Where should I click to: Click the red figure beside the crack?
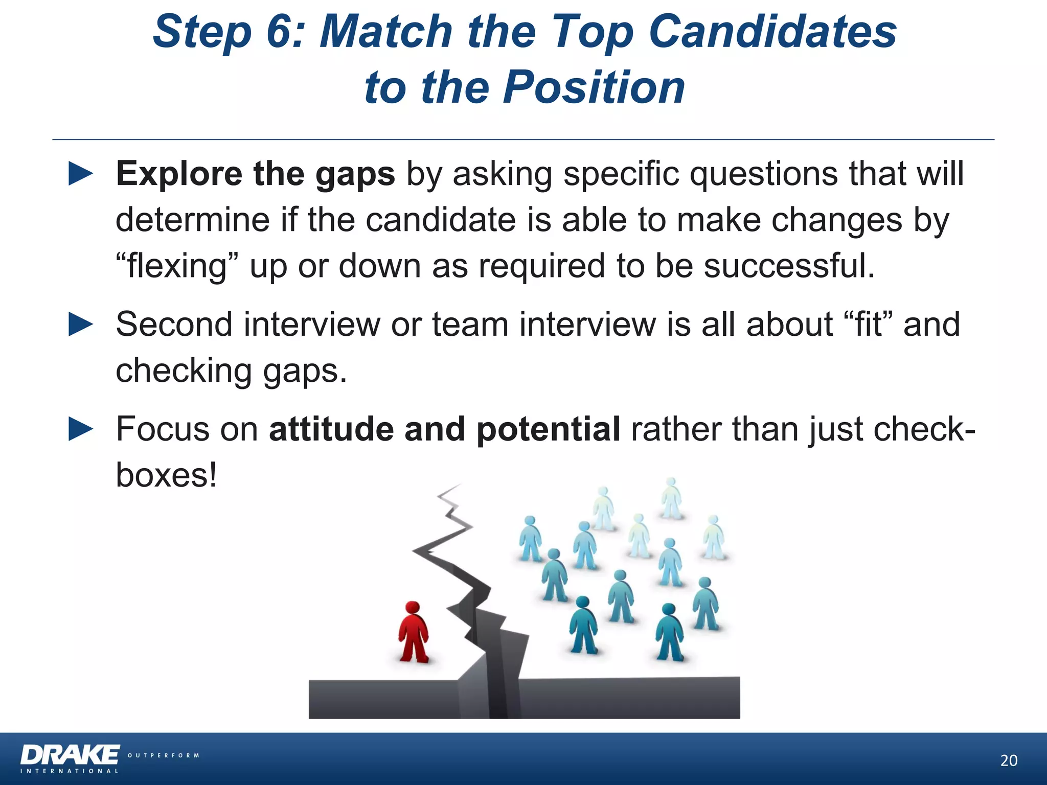click(413, 634)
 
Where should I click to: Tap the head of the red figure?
click(413, 608)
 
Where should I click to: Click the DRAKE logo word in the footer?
click(71, 755)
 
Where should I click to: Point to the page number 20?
click(1009, 760)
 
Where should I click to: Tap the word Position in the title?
click(594, 87)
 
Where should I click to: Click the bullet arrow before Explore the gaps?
click(81, 174)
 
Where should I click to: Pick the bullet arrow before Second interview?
click(81, 325)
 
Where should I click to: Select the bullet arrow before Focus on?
click(81, 429)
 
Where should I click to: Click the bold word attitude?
click(331, 429)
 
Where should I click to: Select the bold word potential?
click(548, 429)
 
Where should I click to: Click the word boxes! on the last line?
click(167, 475)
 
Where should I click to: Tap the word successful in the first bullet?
click(789, 266)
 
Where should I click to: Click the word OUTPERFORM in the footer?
click(163, 755)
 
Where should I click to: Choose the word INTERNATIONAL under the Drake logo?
click(70, 771)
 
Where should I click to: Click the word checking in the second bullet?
click(184, 371)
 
